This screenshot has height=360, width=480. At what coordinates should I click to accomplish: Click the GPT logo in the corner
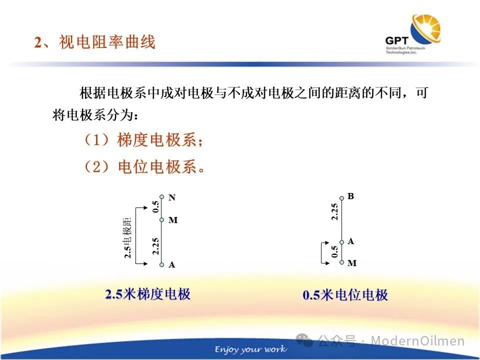pyautogui.click(x=413, y=34)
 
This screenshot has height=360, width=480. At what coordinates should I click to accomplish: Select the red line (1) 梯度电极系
pyautogui.click(x=144, y=140)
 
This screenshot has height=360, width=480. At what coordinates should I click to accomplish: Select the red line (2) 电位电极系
pyautogui.click(x=144, y=167)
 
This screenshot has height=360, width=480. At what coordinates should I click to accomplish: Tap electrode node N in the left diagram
pyautogui.click(x=162, y=197)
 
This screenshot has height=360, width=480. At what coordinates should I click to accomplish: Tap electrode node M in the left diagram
pyautogui.click(x=162, y=219)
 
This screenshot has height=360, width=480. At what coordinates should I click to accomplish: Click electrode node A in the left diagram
pyautogui.click(x=162, y=264)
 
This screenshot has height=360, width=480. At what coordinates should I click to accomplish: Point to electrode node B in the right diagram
pyautogui.click(x=341, y=198)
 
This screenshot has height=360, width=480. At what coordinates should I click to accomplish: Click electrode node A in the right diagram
pyautogui.click(x=341, y=242)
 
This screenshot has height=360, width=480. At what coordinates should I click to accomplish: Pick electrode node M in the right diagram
pyautogui.click(x=341, y=262)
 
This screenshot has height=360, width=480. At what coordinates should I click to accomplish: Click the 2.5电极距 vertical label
pyautogui.click(x=127, y=238)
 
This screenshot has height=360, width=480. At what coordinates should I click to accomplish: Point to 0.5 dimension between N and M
pyautogui.click(x=156, y=206)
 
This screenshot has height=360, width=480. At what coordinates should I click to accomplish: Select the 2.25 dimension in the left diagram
pyautogui.click(x=156, y=246)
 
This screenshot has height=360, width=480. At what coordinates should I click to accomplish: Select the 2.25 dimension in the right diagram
pyautogui.click(x=335, y=211)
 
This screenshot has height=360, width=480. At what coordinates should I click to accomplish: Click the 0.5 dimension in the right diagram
pyautogui.click(x=335, y=251)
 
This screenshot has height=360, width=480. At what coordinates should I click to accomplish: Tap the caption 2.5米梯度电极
pyautogui.click(x=148, y=294)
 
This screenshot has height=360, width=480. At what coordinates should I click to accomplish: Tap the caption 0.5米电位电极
pyautogui.click(x=345, y=295)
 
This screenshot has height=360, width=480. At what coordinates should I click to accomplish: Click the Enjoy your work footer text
pyautogui.click(x=250, y=349)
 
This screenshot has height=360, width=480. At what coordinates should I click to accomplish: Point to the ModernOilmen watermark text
pyautogui.click(x=418, y=340)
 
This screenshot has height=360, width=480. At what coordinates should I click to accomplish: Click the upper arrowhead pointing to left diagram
pyautogui.click(x=145, y=208)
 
